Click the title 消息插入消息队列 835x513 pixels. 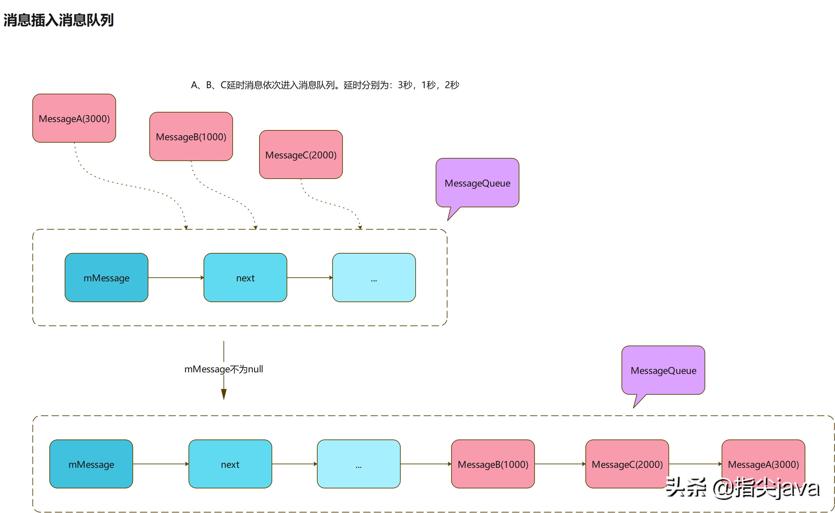coord(58,20)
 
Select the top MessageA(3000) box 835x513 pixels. coord(74,119)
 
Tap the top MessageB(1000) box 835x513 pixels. coord(191,136)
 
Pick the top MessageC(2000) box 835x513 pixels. coord(301,155)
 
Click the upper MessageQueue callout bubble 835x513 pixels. coord(477,183)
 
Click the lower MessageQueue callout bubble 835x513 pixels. coord(663,370)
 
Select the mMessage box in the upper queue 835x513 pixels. coord(106,278)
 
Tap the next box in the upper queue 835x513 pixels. coord(245,278)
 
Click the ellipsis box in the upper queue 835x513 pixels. coord(374,278)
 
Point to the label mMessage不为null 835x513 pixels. coord(223,369)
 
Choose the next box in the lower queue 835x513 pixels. coord(230,464)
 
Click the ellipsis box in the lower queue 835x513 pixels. coord(359,464)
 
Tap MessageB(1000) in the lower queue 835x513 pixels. coord(493,464)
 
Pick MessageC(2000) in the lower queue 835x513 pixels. coord(627,464)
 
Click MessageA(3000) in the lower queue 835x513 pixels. coord(763,464)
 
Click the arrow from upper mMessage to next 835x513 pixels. coord(176,278)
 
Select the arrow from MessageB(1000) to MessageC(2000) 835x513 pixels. coord(560,464)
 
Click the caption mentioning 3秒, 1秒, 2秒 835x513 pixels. coord(325,85)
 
